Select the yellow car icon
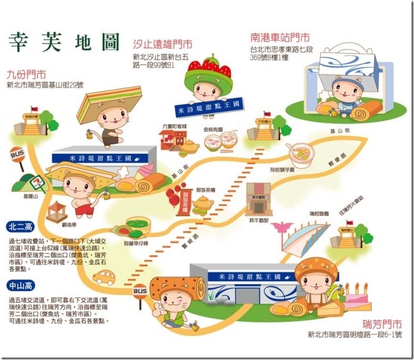(104, 277)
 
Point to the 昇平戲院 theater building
(259, 200)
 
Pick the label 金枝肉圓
(213, 129)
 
